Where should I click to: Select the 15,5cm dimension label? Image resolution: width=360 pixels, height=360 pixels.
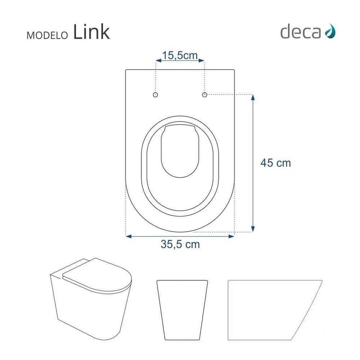point(180,56)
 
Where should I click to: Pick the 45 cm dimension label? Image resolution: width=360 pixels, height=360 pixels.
point(276,163)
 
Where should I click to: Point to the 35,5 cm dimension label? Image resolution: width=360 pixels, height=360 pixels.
point(180,246)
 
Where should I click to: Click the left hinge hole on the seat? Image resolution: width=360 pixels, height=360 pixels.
point(156,95)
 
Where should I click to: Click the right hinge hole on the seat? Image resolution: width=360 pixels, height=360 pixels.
point(204,95)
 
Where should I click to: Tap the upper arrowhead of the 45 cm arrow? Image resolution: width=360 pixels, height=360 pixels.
point(254,97)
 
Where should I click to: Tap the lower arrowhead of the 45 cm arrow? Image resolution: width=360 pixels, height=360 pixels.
point(254,230)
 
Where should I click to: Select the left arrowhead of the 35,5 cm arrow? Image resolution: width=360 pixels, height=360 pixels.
point(128,235)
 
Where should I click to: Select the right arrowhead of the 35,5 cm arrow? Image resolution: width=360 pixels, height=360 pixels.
point(233,235)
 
